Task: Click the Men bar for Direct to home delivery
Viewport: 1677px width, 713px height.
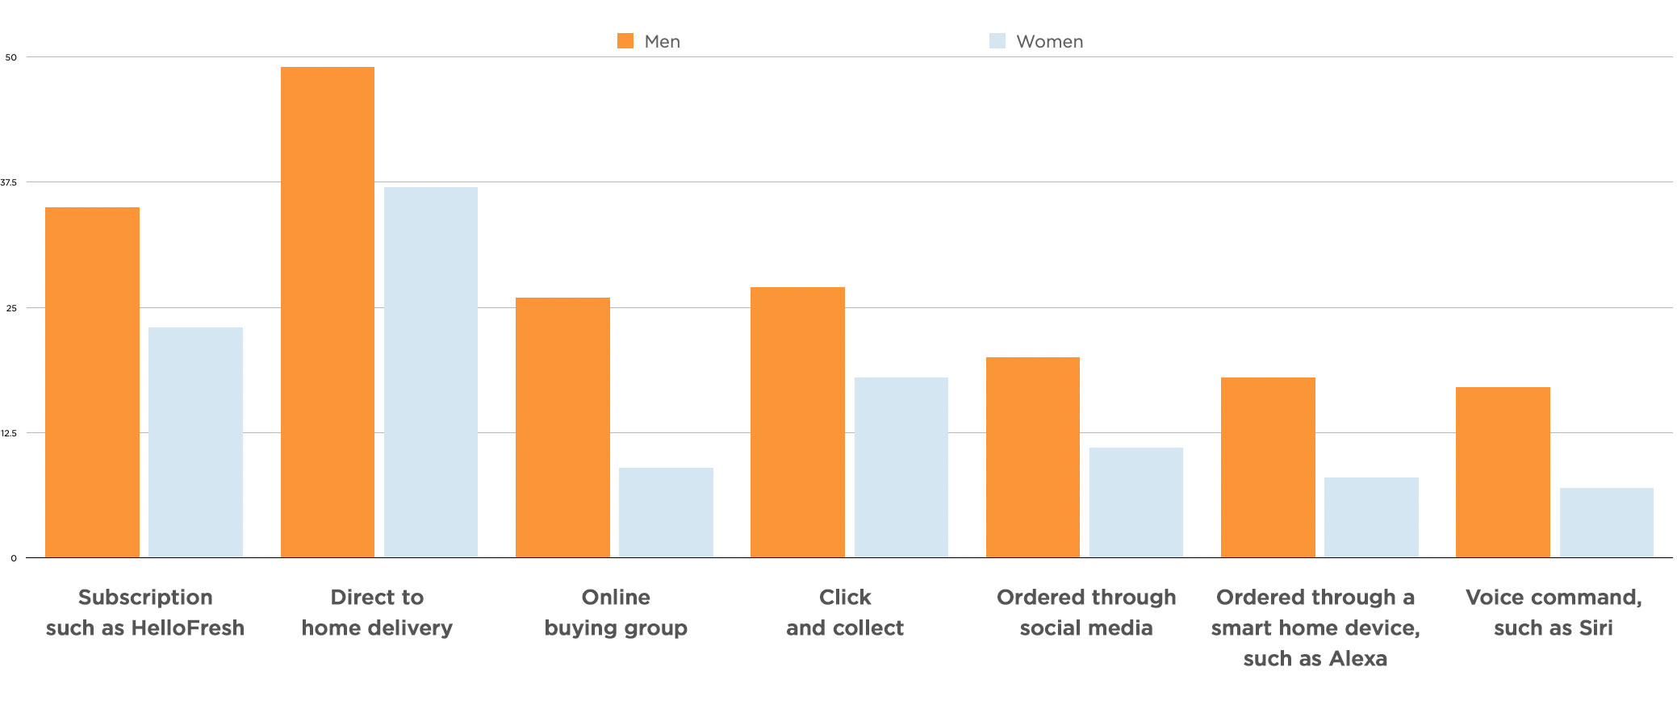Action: (328, 312)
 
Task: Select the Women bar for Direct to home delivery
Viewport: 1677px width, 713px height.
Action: (431, 372)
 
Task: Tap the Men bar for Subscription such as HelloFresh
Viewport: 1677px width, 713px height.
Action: (92, 382)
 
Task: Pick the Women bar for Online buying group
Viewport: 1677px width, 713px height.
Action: (666, 512)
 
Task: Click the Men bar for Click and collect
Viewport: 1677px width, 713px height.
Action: (797, 422)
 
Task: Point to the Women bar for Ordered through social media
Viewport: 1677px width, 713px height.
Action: (1136, 502)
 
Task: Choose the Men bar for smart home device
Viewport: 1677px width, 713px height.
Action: (1268, 467)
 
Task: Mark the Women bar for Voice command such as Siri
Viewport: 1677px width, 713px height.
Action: (1607, 523)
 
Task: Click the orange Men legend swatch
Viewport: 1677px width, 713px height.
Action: (625, 41)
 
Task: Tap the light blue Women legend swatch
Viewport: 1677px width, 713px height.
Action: (997, 41)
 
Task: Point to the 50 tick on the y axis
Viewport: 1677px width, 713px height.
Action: (10, 57)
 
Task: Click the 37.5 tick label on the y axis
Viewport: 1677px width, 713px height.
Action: (9, 182)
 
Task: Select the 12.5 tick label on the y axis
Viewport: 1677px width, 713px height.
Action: (9, 433)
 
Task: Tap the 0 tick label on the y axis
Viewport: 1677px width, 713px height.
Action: (13, 558)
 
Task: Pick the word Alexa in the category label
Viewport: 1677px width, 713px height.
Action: (1358, 658)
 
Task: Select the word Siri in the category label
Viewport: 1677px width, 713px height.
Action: (1595, 628)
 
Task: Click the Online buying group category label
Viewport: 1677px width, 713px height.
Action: (616, 612)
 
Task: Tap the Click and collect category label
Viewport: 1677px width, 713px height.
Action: (845, 612)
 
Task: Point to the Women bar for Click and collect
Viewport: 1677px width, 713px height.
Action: (901, 467)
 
